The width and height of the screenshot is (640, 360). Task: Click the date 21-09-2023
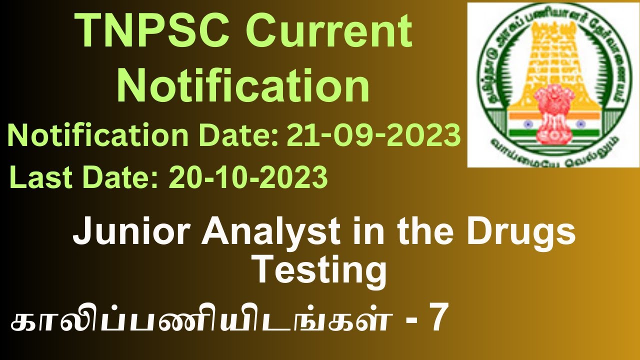click(x=373, y=135)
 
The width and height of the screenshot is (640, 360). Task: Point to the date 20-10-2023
click(x=248, y=177)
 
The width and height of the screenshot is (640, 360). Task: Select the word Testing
click(x=320, y=270)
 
